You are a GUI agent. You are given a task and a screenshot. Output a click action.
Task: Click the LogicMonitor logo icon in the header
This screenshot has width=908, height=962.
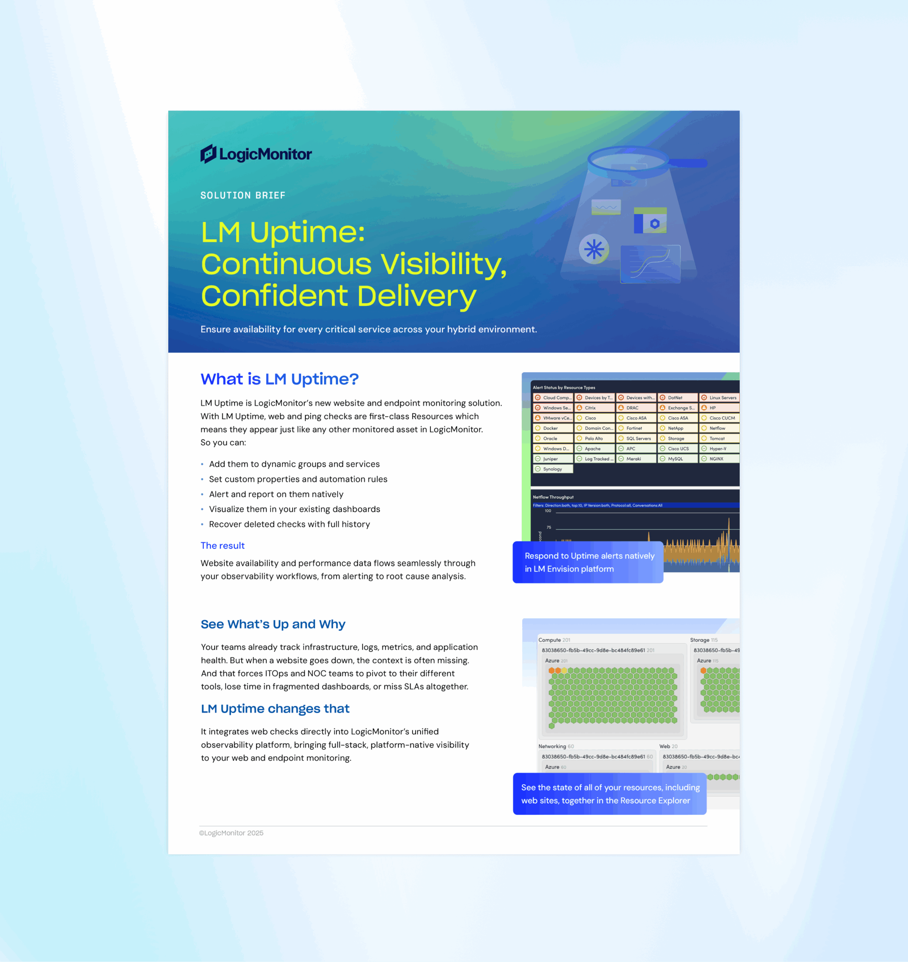pos(208,154)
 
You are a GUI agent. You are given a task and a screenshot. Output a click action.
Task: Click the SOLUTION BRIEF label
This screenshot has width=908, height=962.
pos(243,195)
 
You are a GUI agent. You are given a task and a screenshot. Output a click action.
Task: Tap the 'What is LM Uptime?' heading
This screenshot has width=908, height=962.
pos(279,379)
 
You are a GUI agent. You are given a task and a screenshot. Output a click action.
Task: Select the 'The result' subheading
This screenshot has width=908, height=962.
pos(223,546)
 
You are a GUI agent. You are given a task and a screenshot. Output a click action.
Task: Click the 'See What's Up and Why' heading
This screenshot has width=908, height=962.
pos(273,624)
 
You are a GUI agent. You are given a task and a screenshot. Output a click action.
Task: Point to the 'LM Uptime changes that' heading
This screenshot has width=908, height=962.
pos(275,709)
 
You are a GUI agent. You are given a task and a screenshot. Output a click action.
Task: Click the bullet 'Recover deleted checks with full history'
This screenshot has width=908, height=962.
pos(289,524)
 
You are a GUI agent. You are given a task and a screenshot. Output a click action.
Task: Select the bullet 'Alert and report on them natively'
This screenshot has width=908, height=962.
pos(276,494)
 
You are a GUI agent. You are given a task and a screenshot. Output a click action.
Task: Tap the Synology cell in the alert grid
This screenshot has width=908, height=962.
pos(553,469)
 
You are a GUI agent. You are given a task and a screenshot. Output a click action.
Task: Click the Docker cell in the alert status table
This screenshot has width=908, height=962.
pos(552,428)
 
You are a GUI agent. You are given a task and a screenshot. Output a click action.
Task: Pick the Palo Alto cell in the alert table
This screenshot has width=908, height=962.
pos(594,439)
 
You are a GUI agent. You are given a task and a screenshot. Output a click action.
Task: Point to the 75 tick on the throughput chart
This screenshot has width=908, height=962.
pos(549,527)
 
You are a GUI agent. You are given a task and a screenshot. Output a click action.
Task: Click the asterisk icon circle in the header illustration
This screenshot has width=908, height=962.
pos(594,250)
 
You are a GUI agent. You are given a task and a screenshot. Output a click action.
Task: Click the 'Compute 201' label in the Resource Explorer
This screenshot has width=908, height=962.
pos(554,640)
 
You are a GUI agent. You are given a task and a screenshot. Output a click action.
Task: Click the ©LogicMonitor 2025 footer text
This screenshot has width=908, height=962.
pos(231,833)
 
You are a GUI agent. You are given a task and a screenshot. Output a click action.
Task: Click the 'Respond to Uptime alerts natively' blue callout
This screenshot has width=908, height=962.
pos(588,562)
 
